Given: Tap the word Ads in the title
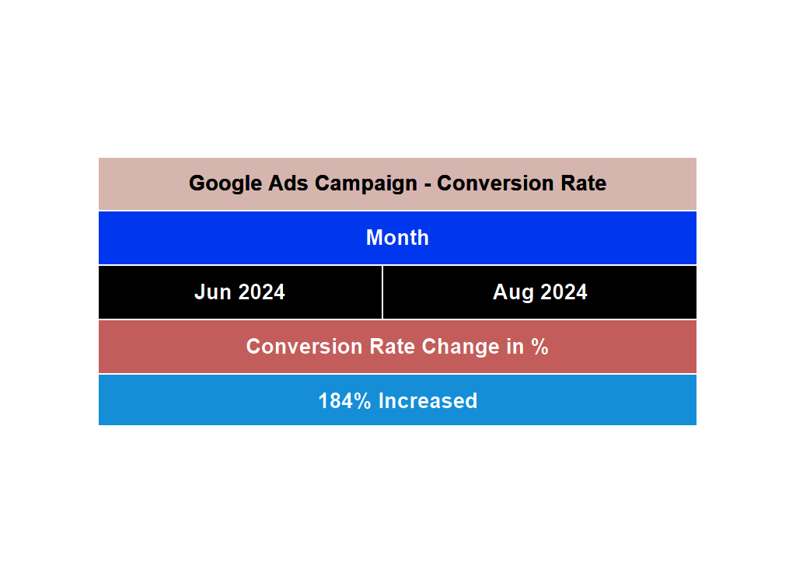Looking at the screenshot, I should (x=289, y=183).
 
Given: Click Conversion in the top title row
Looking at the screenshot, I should (x=492, y=183).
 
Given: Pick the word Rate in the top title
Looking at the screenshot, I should (x=581, y=183).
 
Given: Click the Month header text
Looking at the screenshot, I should (x=397, y=238).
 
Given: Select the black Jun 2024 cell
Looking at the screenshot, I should (x=240, y=292).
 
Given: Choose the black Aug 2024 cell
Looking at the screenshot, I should (x=539, y=292).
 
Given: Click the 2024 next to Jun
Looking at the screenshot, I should (x=261, y=292).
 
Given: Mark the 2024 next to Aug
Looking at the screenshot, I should (x=563, y=292).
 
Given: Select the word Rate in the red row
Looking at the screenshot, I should (x=387, y=347).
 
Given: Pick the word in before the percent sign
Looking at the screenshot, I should (x=515, y=347).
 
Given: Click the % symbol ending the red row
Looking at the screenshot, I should (x=540, y=347).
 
